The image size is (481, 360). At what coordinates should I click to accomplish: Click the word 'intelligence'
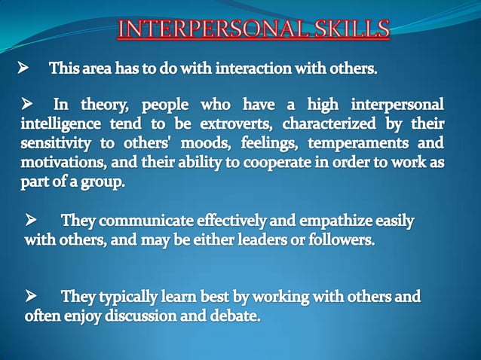click(64, 123)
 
